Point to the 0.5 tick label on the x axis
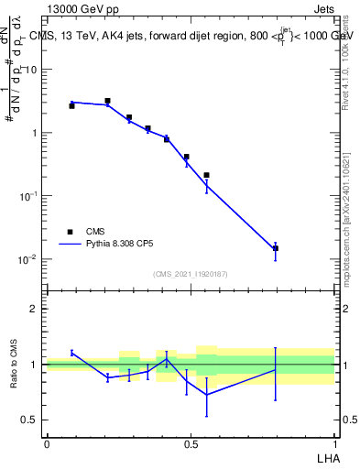191,442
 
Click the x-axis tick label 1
334,442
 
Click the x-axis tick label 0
47,442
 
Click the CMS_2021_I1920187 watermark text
191,274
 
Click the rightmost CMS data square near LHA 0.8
275,248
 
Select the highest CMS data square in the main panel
107,101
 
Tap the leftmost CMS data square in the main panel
71,106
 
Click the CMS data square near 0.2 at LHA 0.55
206,175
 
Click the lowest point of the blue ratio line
206,395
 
